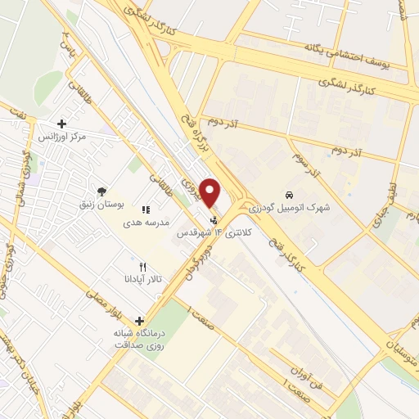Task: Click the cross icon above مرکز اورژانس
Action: (x=62, y=124)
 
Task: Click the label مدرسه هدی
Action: (x=146, y=222)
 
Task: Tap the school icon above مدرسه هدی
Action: (x=146, y=209)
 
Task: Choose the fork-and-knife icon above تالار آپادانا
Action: (x=142, y=267)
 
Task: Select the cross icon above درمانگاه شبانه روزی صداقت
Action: (x=140, y=322)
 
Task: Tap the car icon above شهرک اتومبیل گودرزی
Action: (x=290, y=195)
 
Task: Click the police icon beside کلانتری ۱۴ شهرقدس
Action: (x=214, y=219)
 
